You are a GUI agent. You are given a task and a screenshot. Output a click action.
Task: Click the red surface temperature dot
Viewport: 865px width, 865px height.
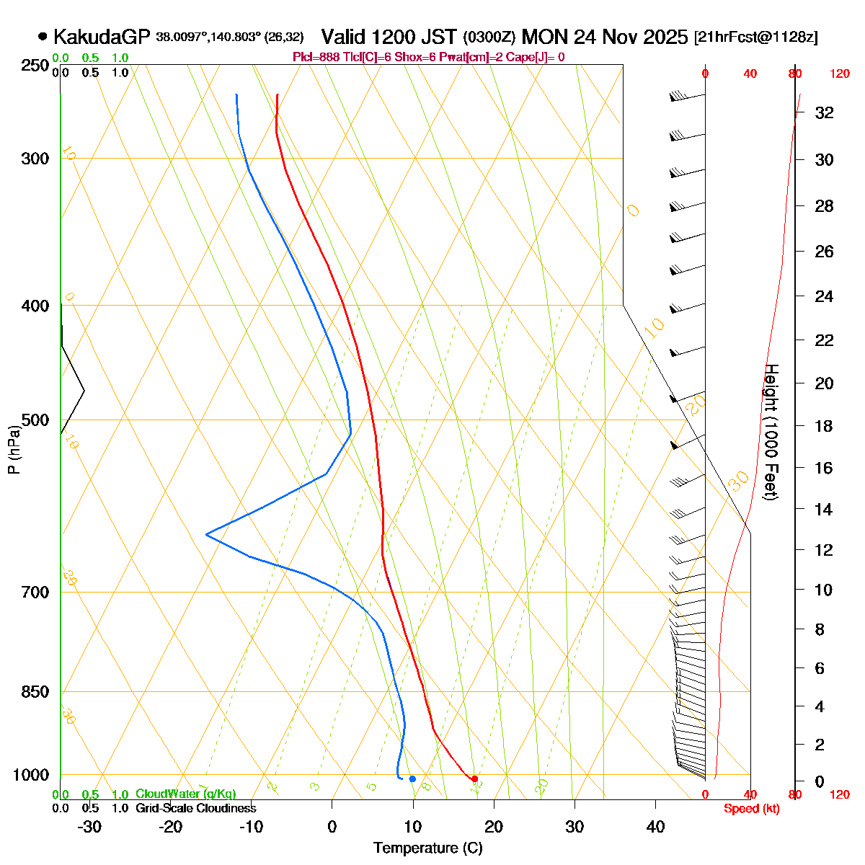pyautogui.click(x=474, y=778)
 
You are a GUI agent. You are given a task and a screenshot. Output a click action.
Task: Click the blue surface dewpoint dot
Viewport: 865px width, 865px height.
pyautogui.click(x=412, y=778)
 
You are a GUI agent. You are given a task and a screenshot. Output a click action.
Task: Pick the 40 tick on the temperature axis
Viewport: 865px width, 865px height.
pyautogui.click(x=655, y=826)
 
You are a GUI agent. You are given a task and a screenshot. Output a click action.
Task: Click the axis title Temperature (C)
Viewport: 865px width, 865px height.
pyautogui.click(x=427, y=848)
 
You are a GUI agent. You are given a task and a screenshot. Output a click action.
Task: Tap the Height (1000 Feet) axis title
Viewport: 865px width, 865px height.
pyautogui.click(x=771, y=432)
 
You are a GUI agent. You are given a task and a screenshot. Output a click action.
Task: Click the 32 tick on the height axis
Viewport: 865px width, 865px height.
pyautogui.click(x=824, y=113)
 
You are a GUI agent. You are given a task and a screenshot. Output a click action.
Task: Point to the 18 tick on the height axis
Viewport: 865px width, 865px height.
pyautogui.click(x=824, y=426)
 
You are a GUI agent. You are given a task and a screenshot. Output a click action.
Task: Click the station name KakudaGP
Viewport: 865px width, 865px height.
pyautogui.click(x=100, y=37)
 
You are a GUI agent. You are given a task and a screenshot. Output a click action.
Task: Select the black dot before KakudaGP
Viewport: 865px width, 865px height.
pyautogui.click(x=43, y=36)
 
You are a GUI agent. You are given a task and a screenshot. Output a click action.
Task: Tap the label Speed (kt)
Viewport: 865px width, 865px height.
pyautogui.click(x=751, y=809)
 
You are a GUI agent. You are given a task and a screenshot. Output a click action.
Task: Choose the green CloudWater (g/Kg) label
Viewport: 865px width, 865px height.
pyautogui.click(x=185, y=794)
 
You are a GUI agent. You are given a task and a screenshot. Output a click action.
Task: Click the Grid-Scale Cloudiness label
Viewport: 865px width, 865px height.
pyautogui.click(x=195, y=809)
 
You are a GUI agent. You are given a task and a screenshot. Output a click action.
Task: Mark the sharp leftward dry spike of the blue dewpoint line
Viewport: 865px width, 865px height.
pyautogui.click(x=207, y=534)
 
